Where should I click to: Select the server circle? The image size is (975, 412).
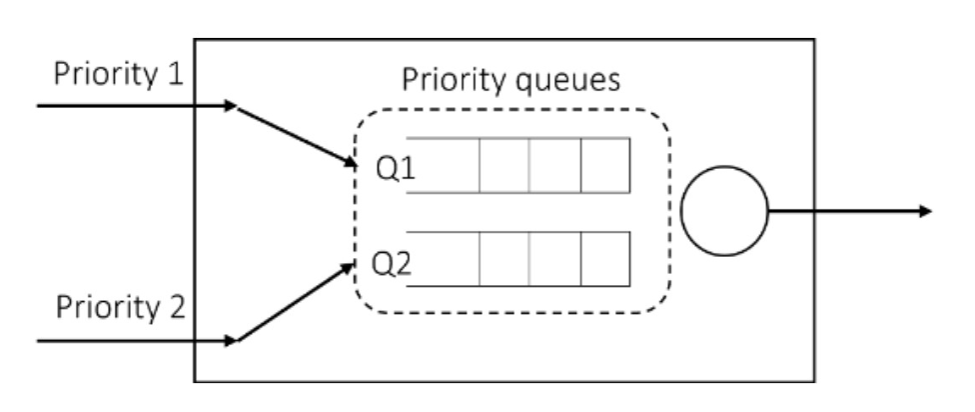[x=723, y=211]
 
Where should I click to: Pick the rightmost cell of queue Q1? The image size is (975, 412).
[x=605, y=165]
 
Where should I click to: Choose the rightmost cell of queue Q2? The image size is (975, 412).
[x=605, y=259]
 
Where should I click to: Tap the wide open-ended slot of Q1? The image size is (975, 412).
[x=444, y=165]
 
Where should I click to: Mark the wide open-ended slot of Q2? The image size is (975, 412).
[x=444, y=259]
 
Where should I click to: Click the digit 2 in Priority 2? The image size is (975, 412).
[x=178, y=305]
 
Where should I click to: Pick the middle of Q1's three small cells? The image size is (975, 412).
[x=555, y=165]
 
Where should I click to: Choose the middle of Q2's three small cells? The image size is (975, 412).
[x=555, y=259]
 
